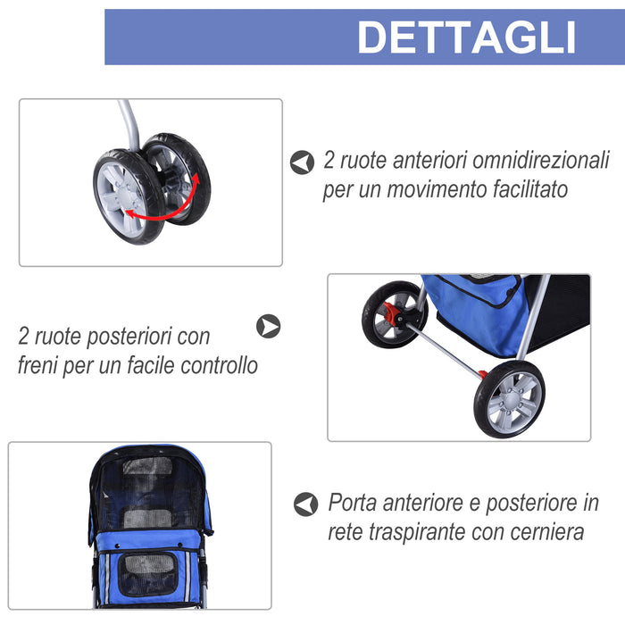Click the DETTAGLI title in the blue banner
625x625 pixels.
coord(466,37)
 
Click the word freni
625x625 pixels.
coord(41,365)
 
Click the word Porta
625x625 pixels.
coord(355,504)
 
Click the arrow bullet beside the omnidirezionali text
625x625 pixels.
coord(303,162)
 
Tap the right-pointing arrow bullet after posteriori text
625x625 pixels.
coord(268,326)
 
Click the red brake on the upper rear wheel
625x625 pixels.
coord(390,313)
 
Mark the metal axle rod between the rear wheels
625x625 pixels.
coord(446,348)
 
